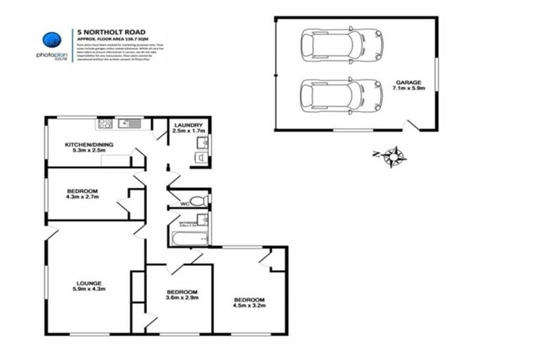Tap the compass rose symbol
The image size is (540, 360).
coord(394,156)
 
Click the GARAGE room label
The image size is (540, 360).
coord(407,82)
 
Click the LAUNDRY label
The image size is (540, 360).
coord(189,124)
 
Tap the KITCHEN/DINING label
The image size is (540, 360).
coord(89,144)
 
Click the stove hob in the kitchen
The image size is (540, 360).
coord(106,124)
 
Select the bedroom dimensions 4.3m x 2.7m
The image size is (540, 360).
coord(82,198)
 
